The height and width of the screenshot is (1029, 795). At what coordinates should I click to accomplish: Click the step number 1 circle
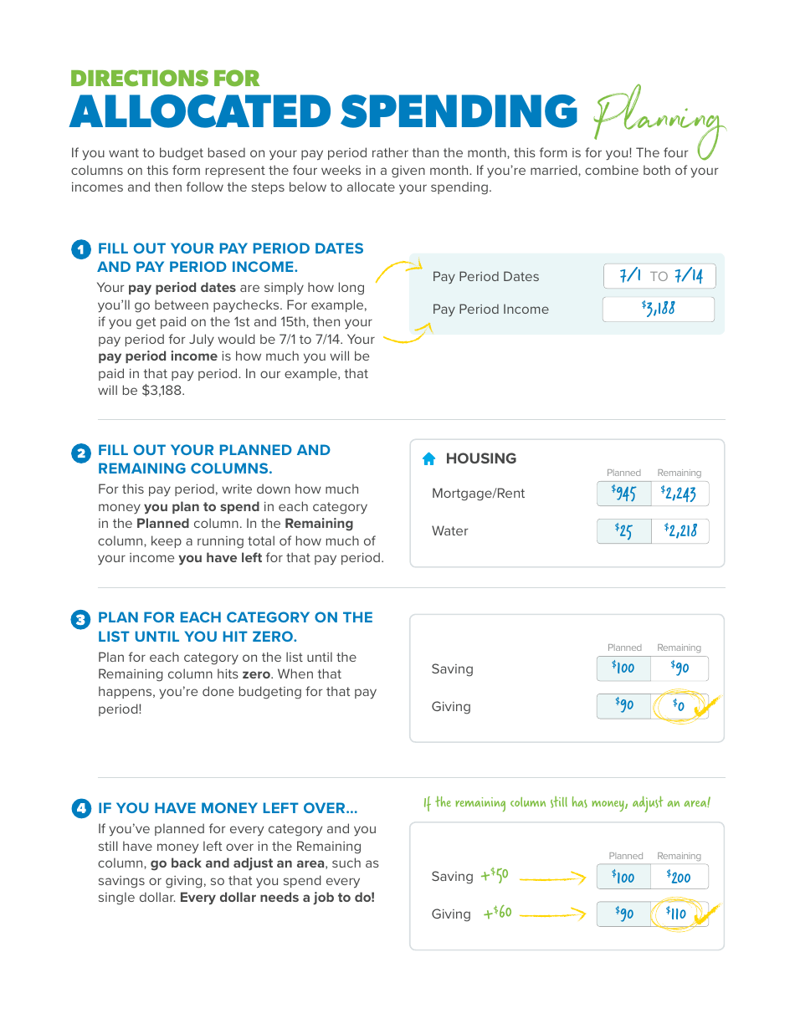[x=80, y=249]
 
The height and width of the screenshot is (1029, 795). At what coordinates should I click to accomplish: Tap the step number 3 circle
[x=80, y=620]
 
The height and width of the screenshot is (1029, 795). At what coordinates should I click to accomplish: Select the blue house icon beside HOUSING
[x=429, y=458]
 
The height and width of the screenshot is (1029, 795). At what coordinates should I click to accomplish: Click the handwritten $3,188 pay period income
[x=659, y=309]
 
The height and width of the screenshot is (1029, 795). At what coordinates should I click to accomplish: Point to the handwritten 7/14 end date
[x=689, y=276]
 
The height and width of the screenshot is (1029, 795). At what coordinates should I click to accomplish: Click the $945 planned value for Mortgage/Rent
[x=624, y=494]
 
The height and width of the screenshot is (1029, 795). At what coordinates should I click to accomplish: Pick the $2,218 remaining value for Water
[x=680, y=531]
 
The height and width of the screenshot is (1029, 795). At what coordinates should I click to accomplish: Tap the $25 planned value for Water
[x=624, y=531]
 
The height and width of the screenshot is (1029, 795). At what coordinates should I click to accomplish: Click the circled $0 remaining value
[x=680, y=706]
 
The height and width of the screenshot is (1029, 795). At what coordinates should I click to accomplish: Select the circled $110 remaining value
[x=677, y=914]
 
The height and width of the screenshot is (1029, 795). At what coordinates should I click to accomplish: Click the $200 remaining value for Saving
[x=680, y=877]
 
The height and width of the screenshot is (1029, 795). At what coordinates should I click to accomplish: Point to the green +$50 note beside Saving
[x=495, y=876]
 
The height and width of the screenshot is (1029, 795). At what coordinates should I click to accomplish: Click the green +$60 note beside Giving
[x=497, y=913]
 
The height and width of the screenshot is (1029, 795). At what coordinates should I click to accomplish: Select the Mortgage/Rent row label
[x=478, y=494]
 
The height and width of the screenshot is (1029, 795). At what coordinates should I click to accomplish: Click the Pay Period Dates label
[x=485, y=277]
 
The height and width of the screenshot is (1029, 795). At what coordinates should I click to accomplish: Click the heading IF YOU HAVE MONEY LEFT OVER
[x=228, y=808]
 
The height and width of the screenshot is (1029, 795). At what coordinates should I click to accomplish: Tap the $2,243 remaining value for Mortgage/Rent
[x=679, y=494]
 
